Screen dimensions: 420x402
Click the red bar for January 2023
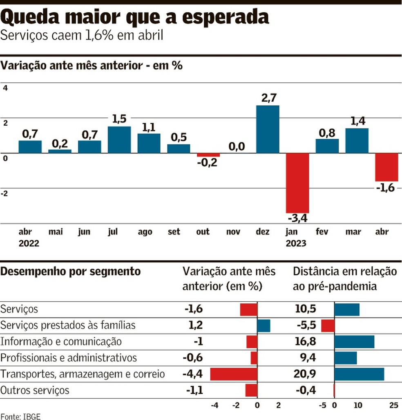297,182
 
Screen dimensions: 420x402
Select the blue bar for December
268,129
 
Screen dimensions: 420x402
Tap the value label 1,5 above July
119,119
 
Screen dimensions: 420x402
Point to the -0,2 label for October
208,163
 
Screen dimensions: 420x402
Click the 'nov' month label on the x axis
234,232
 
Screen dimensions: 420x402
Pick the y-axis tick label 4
5,88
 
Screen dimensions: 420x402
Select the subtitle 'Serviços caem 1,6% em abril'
82,36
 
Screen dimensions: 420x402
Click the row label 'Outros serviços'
35,390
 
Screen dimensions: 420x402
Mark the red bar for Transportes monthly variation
234,374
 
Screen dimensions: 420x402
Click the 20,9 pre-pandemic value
305,374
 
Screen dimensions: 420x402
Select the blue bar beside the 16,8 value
354,342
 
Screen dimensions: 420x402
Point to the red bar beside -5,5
328,326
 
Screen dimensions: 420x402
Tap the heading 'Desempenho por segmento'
71,271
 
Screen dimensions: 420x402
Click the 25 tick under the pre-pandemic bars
393,406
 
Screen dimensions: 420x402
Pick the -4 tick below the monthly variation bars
214,406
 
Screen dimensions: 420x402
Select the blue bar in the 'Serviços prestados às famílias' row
264,326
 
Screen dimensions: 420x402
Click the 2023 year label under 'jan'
296,244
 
